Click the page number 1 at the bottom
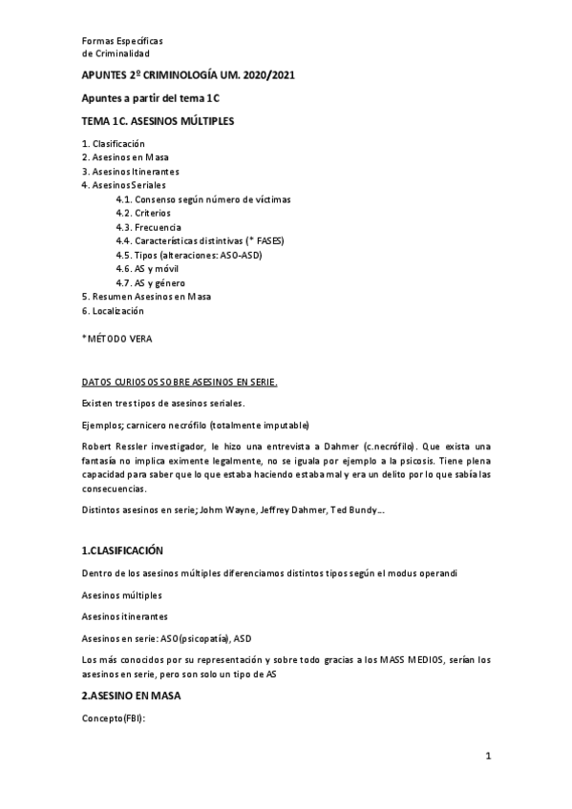487,757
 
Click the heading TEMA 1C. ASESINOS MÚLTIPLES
158,121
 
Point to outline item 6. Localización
113,311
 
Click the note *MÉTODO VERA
117,339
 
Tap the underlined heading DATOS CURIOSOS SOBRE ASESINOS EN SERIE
180,382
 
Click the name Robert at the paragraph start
96,446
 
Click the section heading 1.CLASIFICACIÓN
123,551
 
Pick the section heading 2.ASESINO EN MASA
131,695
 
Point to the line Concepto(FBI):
113,717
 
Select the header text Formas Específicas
122,42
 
